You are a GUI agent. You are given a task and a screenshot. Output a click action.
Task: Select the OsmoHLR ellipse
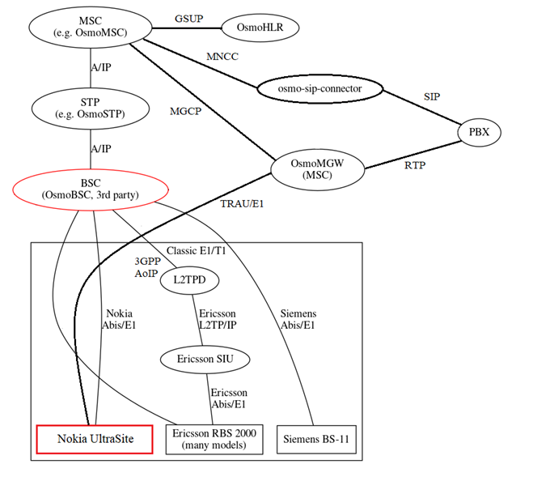coord(260,28)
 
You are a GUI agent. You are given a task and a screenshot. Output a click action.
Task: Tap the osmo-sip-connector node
coord(319,87)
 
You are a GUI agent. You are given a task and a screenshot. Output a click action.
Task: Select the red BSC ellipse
coord(91,188)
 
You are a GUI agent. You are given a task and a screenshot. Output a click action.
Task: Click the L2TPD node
coord(190,280)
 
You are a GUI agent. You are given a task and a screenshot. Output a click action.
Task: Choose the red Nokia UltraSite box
coord(95,439)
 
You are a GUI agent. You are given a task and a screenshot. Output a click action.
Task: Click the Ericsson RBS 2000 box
coord(214,439)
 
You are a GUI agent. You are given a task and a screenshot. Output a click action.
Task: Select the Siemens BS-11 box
coord(316,439)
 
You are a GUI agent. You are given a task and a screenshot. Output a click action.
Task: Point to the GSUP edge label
coord(188,18)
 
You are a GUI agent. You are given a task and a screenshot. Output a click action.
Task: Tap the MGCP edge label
coord(185,111)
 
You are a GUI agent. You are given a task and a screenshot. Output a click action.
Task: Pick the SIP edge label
coord(433,96)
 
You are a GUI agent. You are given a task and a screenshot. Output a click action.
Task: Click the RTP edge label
coord(414,166)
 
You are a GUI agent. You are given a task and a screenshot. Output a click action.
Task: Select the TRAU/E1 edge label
coord(242,203)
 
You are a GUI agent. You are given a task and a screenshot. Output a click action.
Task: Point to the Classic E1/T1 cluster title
coord(196,251)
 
